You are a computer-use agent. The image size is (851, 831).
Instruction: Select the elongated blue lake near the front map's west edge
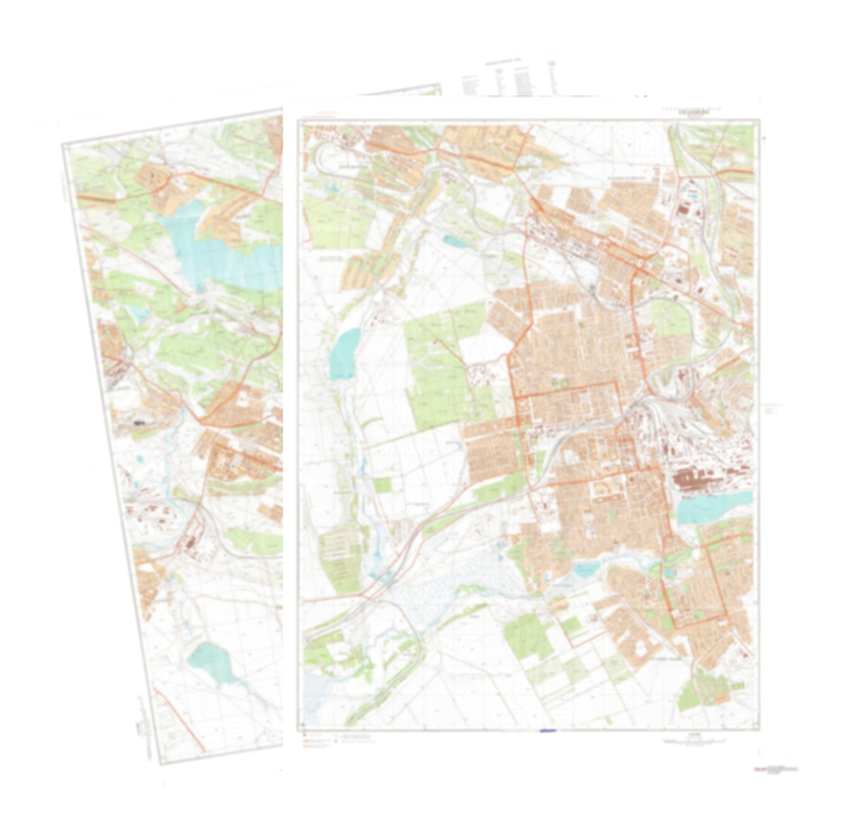click(x=344, y=354)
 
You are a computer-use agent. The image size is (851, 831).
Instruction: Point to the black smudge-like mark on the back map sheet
click(x=139, y=423)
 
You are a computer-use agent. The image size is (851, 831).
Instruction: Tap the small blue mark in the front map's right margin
click(x=764, y=139)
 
